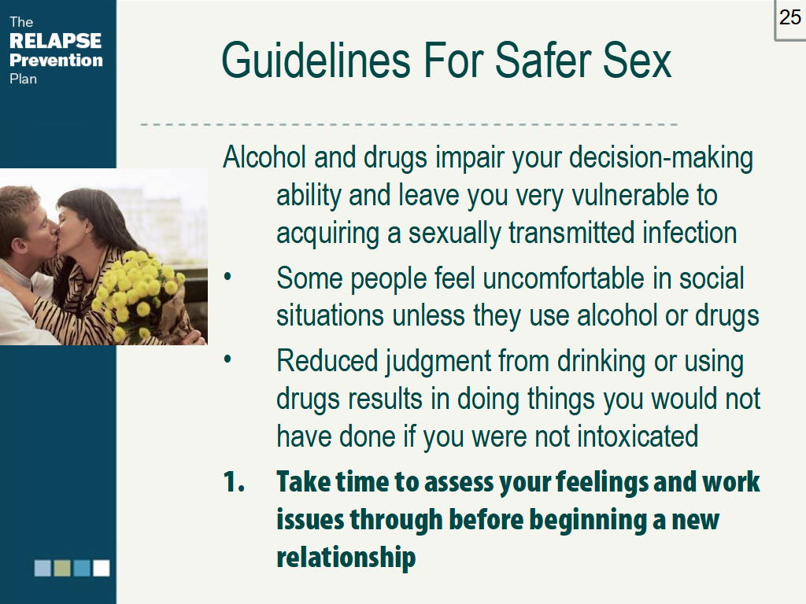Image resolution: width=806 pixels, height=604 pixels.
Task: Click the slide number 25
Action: pos(789,17)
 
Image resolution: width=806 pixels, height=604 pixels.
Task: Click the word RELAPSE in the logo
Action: pos(55,41)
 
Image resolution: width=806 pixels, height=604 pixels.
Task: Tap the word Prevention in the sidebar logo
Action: pos(56,60)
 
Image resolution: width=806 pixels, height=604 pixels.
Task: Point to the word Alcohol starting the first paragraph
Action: pos(264,158)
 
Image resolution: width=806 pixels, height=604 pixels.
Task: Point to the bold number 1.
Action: pos(234,482)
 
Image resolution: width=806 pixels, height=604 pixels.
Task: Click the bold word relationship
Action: pos(346,558)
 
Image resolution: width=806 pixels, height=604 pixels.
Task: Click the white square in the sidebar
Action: pos(102,568)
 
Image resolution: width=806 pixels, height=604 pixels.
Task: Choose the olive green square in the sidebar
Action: pos(62,568)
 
